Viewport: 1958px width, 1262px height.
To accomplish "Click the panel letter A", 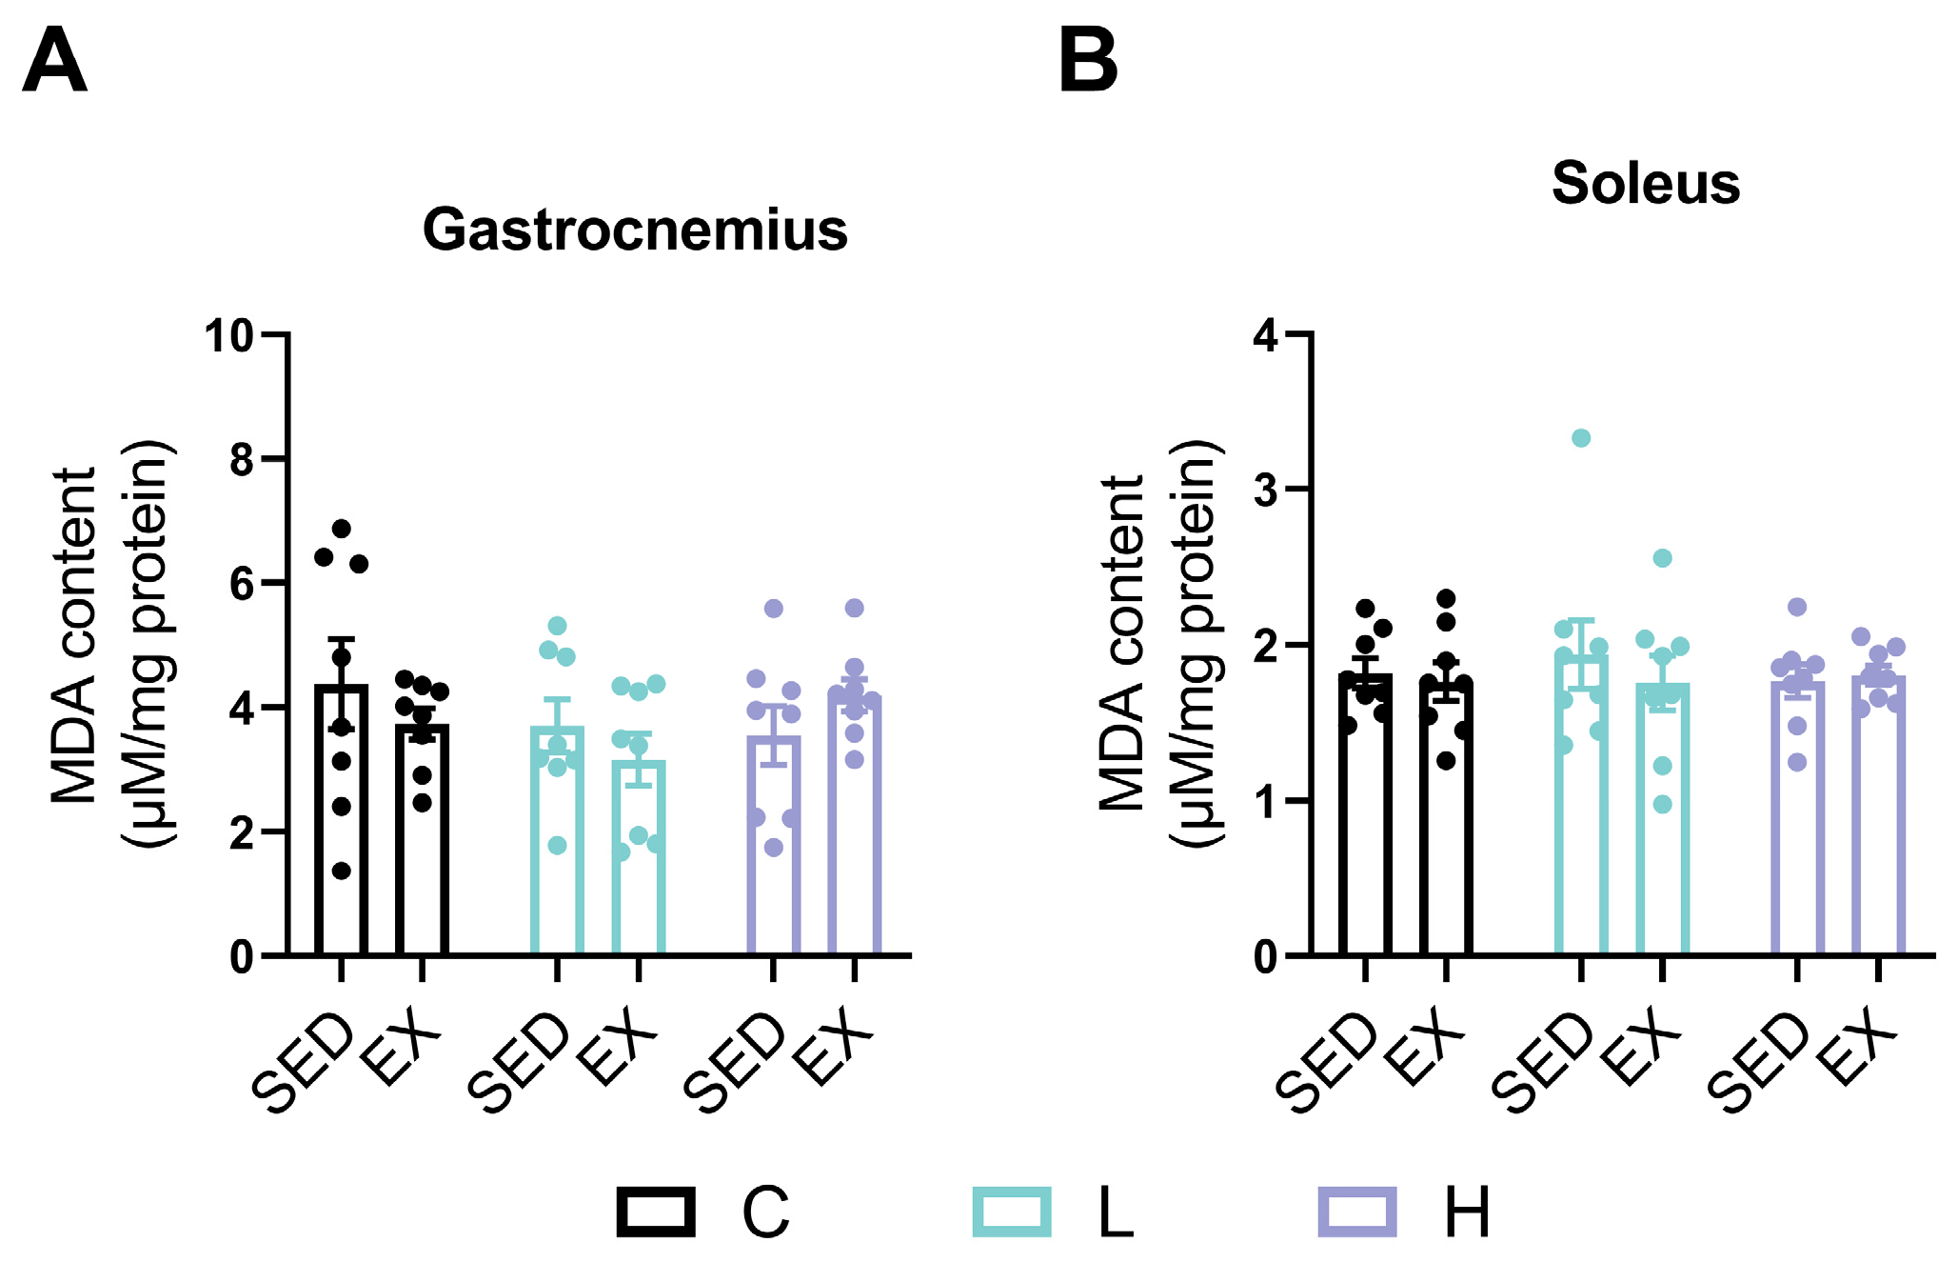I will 54,61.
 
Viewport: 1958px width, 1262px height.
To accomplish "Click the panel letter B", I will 1088,61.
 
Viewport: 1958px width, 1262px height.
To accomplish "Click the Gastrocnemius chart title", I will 635,230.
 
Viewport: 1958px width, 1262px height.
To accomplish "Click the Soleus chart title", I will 1646,183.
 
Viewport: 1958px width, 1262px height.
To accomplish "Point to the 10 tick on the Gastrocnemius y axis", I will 228,335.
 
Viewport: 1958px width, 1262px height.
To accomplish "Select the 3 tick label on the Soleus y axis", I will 1266,491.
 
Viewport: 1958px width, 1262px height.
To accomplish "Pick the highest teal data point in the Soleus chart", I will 1581,438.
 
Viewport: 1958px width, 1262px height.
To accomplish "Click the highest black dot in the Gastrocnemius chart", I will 342,529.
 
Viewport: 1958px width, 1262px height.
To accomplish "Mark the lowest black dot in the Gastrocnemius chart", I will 342,871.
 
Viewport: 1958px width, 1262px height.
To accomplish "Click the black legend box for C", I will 655,1212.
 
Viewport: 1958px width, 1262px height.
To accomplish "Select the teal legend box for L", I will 1012,1212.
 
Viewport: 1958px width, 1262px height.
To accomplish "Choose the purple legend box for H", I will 1356,1212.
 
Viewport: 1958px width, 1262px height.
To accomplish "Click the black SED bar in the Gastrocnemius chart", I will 342,838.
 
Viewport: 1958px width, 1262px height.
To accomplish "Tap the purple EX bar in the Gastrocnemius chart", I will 854,838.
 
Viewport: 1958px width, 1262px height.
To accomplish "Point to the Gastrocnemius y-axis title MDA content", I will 74,636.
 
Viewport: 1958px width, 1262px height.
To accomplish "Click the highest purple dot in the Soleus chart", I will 1797,607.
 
